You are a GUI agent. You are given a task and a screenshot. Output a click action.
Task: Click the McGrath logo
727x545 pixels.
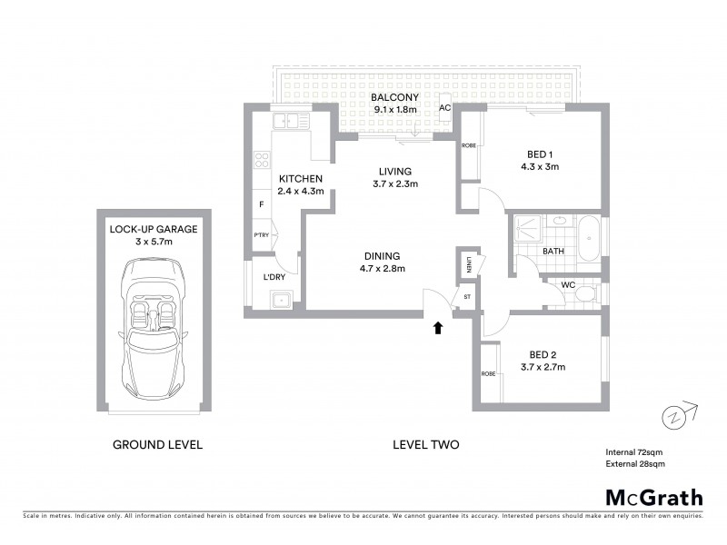653,497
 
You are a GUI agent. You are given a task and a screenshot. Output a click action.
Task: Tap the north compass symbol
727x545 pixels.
674,417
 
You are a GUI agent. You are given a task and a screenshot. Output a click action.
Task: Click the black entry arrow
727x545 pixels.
438,327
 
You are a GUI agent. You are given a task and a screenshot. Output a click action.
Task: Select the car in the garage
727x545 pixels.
153,323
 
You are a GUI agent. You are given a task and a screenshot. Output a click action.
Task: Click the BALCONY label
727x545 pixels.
393,97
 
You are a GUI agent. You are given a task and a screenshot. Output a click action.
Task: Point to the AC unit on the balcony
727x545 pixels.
445,108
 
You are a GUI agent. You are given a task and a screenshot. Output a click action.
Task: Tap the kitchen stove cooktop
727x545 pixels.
262,160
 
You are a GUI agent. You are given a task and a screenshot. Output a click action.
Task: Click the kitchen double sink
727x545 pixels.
292,120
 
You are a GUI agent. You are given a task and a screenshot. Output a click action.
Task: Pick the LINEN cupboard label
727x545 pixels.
468,264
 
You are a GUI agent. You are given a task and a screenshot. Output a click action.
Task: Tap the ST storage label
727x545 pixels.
468,296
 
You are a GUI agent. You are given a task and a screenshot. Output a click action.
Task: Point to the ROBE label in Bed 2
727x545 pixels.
489,373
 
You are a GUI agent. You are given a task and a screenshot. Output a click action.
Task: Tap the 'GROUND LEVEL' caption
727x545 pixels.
157,445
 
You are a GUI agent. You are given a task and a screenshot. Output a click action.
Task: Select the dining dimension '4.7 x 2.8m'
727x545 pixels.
381,268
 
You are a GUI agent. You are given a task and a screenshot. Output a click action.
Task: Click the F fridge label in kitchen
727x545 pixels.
262,205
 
